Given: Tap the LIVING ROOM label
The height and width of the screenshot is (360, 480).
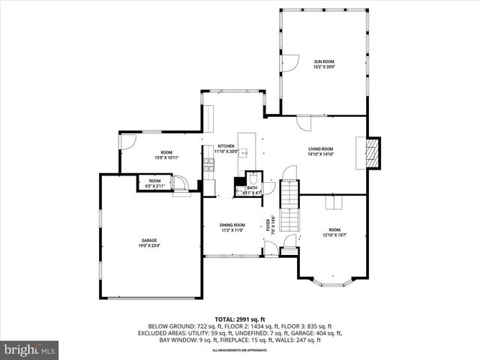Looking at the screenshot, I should click(320, 149).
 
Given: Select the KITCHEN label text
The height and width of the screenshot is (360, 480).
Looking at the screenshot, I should click(226, 147).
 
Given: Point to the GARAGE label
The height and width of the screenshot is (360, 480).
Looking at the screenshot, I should click(150, 241).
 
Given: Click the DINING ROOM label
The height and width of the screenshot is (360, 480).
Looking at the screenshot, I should click(232, 225).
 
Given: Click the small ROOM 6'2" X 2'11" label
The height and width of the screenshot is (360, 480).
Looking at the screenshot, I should click(154, 183).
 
